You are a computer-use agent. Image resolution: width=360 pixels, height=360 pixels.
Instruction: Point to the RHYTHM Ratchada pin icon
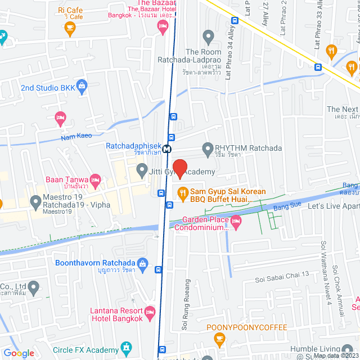pos(207,148)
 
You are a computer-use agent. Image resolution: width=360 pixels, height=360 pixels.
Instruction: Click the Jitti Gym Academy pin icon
pos(141,169)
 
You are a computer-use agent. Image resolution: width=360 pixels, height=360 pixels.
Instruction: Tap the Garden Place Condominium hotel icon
pos(236,223)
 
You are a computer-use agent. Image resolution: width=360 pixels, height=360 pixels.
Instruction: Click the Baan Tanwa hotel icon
pos(95,180)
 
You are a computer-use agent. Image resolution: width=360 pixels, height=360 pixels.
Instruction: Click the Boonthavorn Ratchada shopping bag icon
pos(143,263)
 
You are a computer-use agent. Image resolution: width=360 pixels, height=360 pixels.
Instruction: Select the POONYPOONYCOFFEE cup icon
pos(219,339)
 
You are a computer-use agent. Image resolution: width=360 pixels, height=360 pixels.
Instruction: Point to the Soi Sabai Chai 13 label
pos(282,274)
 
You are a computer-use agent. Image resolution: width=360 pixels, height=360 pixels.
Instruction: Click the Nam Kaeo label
pos(76,137)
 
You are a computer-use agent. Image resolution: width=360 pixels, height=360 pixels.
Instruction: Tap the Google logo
pos(18,353)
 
